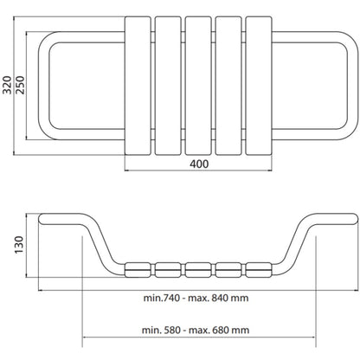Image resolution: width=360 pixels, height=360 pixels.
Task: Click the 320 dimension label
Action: point(7,85)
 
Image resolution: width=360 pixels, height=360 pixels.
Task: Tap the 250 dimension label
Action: point(20,85)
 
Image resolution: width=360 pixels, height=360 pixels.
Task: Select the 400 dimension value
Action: point(199,164)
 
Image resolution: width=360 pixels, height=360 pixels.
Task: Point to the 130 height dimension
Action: point(19,245)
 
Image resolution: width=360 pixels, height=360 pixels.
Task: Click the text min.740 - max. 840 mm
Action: point(196,298)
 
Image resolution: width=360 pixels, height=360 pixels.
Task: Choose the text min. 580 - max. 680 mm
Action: point(196,330)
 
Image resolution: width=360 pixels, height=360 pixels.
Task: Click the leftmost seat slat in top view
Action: point(138,86)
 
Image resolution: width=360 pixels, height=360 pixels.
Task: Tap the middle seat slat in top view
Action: point(198,86)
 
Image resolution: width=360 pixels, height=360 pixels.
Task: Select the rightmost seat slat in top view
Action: point(259,86)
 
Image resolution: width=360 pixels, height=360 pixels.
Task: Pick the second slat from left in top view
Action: point(168,86)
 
